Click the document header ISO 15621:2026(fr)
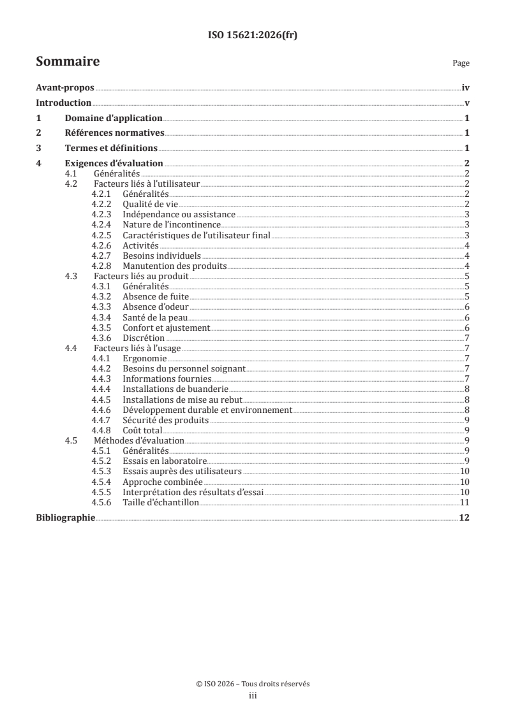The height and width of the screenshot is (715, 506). (253, 36)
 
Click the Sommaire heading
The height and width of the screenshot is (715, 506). (67, 62)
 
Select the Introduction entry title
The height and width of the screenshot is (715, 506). (64, 103)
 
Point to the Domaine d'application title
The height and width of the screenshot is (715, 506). (114, 118)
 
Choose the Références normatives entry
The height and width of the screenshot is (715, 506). (115, 133)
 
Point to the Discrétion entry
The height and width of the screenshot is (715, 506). (144, 338)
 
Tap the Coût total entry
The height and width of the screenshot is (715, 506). (142, 430)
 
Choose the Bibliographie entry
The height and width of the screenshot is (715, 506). (65, 517)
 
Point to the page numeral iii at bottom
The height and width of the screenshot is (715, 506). (253, 697)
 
